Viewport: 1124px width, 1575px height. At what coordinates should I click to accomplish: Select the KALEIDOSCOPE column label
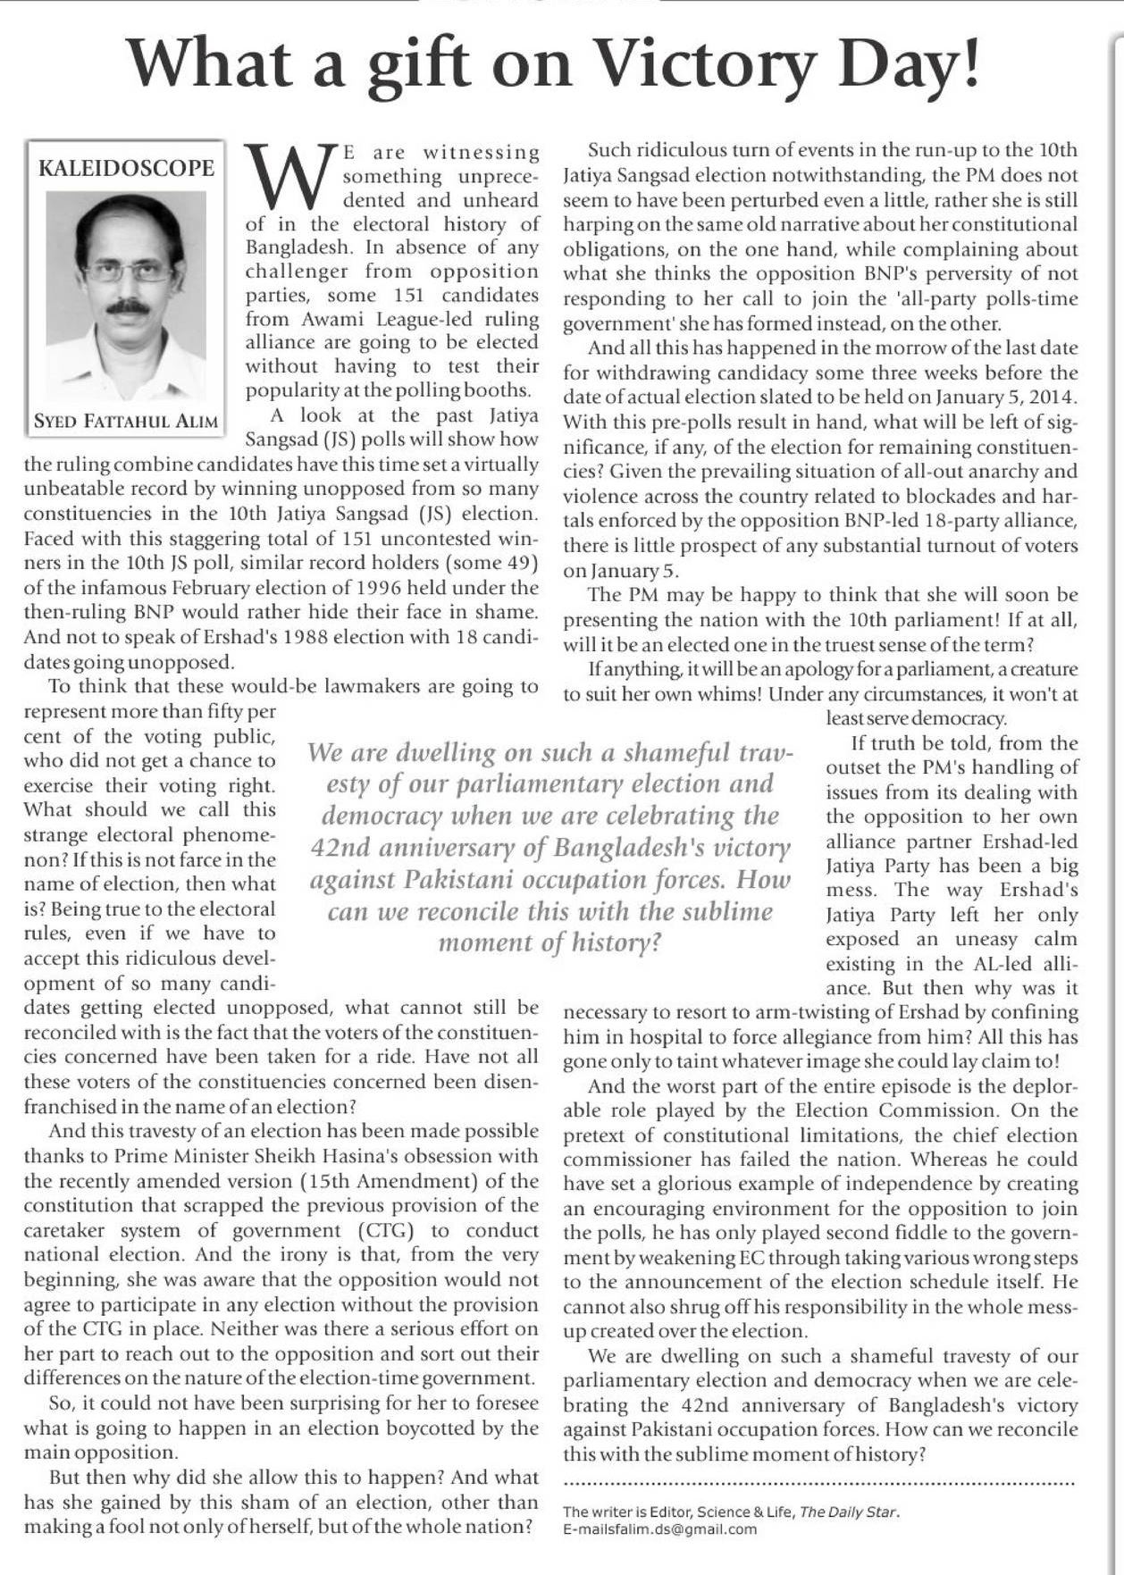click(x=126, y=169)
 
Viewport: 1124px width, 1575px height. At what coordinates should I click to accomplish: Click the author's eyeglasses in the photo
click(x=127, y=270)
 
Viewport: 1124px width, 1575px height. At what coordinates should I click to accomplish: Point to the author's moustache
click(x=128, y=307)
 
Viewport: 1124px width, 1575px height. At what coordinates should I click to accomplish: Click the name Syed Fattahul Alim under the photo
click(x=126, y=422)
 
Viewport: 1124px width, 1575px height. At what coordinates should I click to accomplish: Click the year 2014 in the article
click(x=1054, y=397)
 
